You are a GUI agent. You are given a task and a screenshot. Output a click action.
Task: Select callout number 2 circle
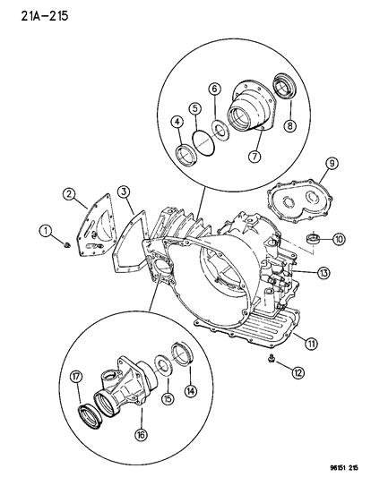pyautogui.click(x=69, y=192)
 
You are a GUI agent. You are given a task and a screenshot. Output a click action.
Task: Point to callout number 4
pyautogui.click(x=178, y=123)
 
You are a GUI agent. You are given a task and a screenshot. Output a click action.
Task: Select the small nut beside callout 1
pyautogui.click(x=71, y=241)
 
